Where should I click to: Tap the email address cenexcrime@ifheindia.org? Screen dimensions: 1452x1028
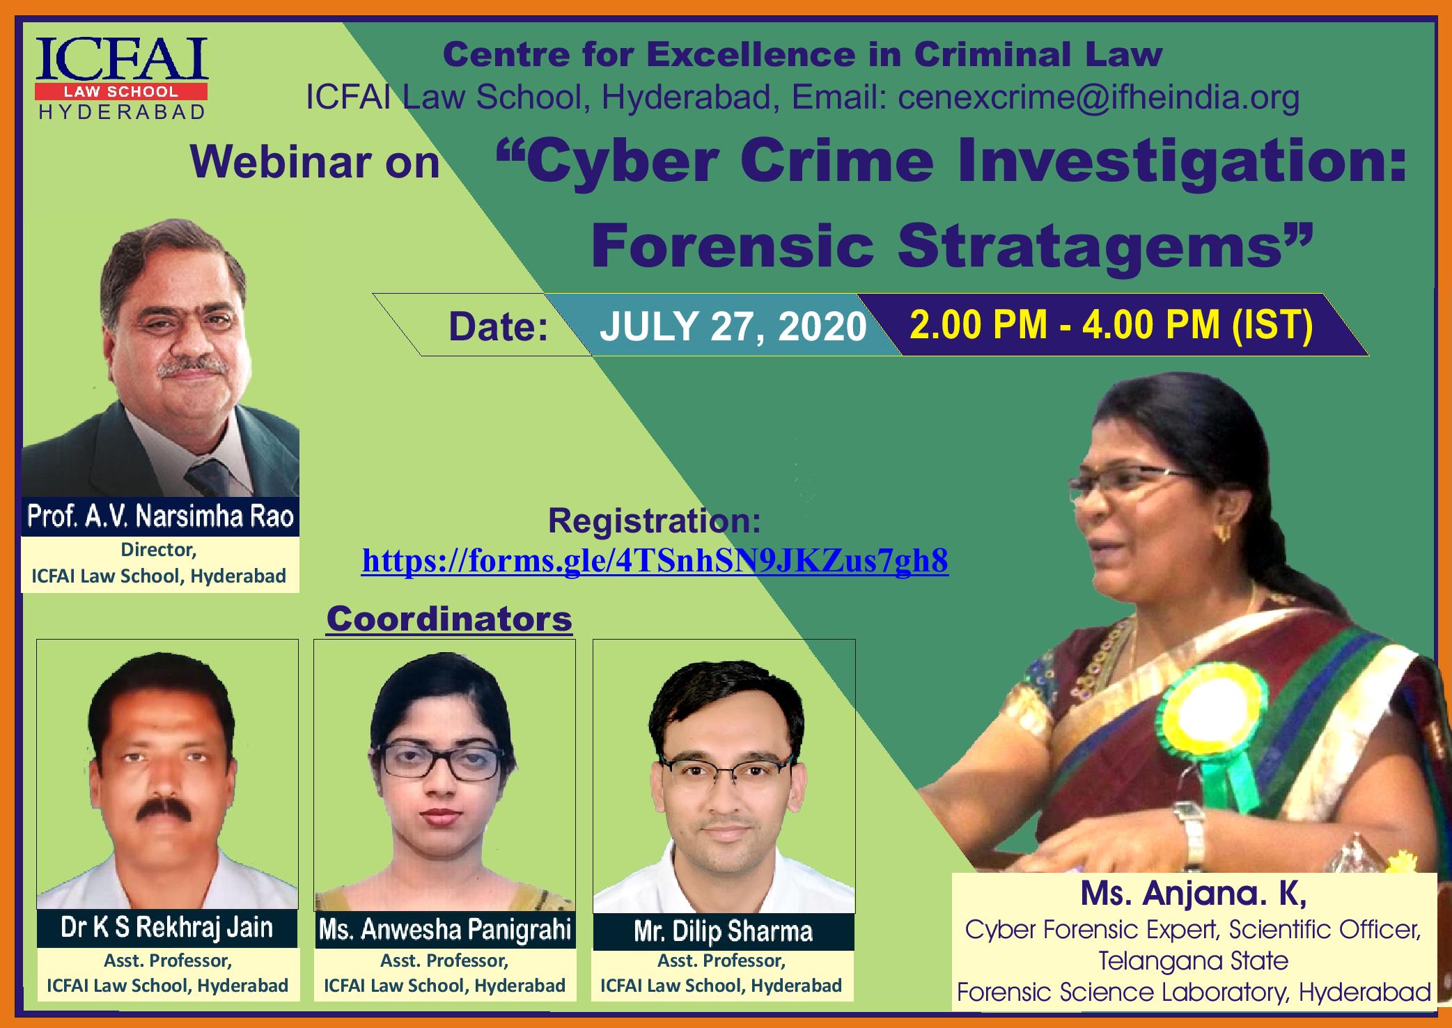(x=1098, y=98)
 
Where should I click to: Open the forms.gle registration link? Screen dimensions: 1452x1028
(x=655, y=560)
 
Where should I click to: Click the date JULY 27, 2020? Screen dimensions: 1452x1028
(x=733, y=326)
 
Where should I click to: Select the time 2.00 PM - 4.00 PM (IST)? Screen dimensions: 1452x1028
(x=1111, y=324)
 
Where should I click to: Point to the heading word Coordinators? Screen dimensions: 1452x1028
(x=449, y=619)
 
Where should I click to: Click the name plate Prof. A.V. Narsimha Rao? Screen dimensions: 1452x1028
(x=160, y=516)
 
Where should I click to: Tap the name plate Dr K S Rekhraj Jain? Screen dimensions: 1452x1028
(x=167, y=928)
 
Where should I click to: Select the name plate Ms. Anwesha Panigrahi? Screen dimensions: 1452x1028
(x=444, y=929)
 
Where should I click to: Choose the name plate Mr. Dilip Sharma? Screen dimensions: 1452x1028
(x=723, y=931)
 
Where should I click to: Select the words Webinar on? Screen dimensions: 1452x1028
(x=315, y=162)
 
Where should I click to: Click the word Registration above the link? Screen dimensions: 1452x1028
(x=655, y=521)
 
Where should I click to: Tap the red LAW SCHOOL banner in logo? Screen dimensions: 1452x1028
(x=122, y=92)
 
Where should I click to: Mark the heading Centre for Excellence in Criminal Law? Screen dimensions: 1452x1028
(x=802, y=54)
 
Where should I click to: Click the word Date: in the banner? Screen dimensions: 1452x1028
(x=499, y=327)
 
